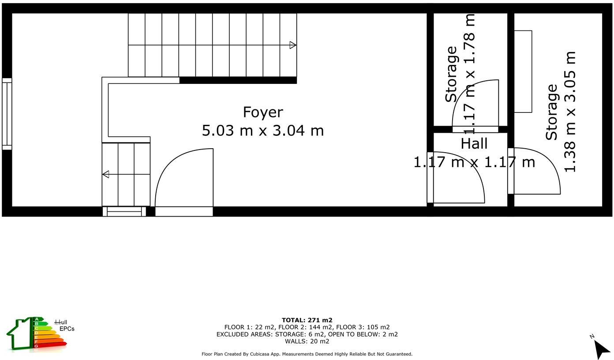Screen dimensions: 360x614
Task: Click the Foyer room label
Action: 262,112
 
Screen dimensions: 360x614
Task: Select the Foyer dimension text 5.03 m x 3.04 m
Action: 262,131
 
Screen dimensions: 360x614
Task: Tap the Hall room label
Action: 474,144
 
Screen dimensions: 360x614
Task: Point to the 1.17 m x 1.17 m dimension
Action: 474,162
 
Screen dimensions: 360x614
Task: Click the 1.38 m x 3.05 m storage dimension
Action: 570,112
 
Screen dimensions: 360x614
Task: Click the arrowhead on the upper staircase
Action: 293,45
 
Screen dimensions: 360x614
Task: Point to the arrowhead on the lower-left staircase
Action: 105,174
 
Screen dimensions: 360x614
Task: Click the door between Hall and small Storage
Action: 475,106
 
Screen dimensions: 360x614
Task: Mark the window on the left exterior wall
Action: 7,114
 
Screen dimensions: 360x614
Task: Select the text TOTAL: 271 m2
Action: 307,320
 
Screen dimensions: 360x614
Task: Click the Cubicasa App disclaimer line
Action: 307,354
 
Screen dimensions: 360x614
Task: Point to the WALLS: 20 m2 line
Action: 307,341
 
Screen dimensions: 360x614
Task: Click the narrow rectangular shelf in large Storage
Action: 523,71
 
